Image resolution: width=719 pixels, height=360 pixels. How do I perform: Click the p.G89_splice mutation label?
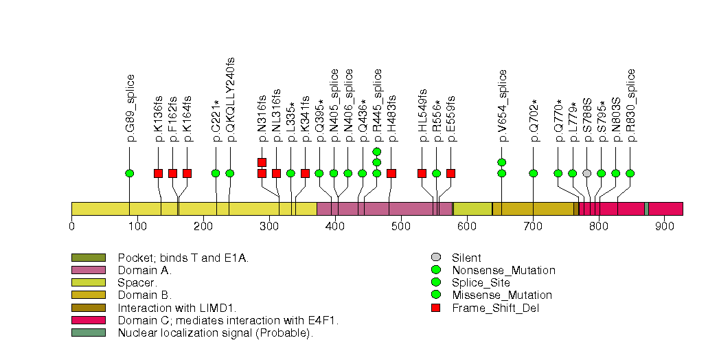[130, 108]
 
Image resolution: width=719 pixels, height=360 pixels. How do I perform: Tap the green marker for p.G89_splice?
[130, 173]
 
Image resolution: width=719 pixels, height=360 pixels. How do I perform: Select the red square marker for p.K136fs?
[159, 173]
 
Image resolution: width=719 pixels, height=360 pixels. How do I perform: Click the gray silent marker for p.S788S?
[586, 173]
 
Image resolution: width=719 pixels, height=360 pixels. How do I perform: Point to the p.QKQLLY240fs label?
[231, 100]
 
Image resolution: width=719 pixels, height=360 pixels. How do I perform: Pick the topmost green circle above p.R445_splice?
[376, 151]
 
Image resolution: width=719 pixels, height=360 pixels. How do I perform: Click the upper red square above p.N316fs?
[262, 162]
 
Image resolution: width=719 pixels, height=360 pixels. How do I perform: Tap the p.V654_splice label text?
[503, 106]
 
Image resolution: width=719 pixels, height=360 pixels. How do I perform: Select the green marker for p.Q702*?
[534, 173]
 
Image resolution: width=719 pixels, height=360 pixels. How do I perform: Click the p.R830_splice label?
[631, 106]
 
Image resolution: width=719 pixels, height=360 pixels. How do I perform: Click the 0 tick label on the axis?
[71, 225]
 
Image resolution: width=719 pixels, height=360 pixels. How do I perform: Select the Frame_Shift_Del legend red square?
[435, 308]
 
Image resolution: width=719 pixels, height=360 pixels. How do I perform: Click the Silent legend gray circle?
[435, 258]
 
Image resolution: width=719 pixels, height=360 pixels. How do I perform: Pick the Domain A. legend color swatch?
[89, 271]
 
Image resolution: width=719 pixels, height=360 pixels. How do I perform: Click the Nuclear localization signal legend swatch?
[89, 333]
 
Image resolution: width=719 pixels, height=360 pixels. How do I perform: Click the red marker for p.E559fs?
[450, 173]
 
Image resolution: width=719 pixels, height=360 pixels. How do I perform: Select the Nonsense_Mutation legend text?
[503, 271]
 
